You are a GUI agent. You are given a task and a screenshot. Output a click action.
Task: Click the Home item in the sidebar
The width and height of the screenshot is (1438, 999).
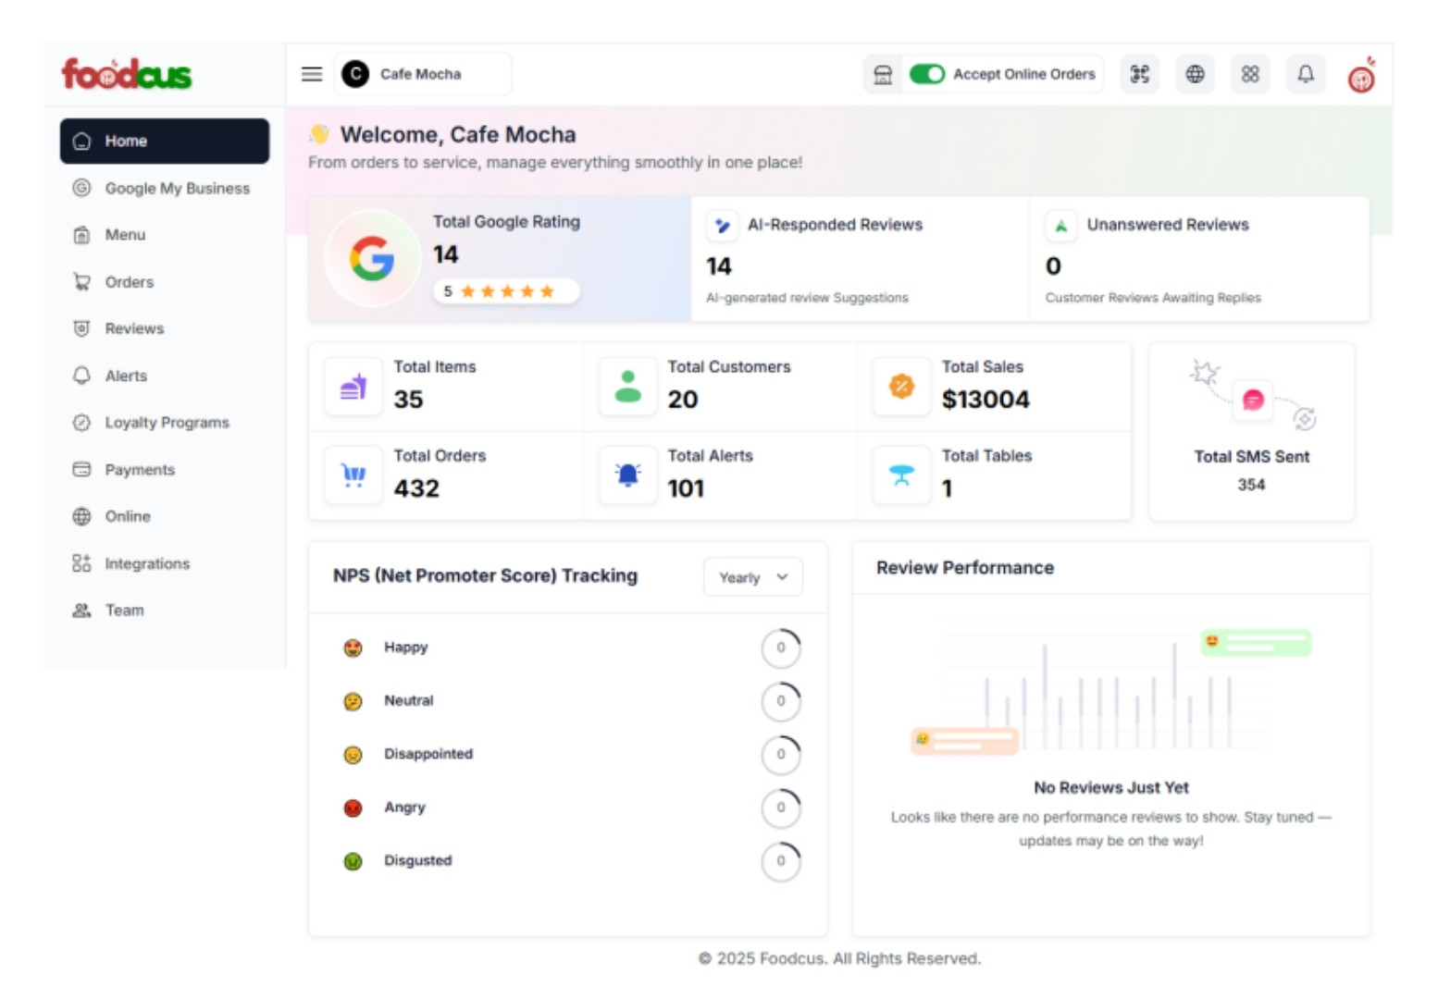coord(164,141)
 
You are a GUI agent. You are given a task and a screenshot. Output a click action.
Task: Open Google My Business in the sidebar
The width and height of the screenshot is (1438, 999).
coord(177,188)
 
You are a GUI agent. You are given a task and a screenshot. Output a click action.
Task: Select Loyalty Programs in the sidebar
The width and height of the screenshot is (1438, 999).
coord(167,423)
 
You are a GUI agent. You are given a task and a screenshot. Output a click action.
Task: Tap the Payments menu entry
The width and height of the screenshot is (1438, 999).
coord(140,470)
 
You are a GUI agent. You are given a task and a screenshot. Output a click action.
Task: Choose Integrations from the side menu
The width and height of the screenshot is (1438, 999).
coord(147,563)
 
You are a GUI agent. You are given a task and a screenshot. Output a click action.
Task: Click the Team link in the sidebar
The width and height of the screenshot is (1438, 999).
coord(124,610)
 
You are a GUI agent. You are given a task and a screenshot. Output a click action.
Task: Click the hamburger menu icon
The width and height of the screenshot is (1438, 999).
coord(312,74)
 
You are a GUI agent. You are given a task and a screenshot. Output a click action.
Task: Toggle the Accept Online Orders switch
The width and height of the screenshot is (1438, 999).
coord(926,74)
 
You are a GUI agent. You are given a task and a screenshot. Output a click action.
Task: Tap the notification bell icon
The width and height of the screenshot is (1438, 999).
coord(1305,74)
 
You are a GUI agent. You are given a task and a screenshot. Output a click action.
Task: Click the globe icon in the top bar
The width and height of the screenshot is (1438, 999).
coord(1195,74)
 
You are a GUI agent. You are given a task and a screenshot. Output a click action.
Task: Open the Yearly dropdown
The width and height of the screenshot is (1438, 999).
coord(752,577)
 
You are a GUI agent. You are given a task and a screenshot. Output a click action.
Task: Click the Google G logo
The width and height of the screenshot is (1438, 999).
coord(372,258)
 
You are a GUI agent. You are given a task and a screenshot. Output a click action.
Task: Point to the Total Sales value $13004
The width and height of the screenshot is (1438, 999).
coord(985,400)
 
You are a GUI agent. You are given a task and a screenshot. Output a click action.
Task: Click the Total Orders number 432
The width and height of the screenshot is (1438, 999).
coord(416,488)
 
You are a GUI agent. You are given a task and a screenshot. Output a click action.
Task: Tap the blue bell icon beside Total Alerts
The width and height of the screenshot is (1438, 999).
coord(627,475)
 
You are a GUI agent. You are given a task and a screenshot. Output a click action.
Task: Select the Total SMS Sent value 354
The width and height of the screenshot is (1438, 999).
coord(1251,485)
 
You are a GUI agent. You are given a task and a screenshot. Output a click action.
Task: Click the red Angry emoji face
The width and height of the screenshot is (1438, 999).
coord(353,808)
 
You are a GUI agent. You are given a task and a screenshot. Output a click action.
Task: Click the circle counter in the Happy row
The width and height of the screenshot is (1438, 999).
coord(781,647)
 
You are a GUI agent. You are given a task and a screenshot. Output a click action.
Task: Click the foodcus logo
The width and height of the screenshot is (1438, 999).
coord(127,74)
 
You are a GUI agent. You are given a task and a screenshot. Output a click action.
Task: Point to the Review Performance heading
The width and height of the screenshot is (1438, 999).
coord(964,568)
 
